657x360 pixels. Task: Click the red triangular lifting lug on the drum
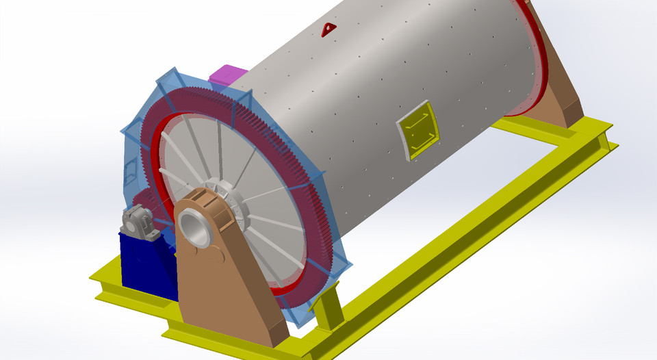pyautogui.click(x=329, y=28)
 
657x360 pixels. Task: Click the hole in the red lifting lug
pyautogui.click(x=329, y=28)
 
